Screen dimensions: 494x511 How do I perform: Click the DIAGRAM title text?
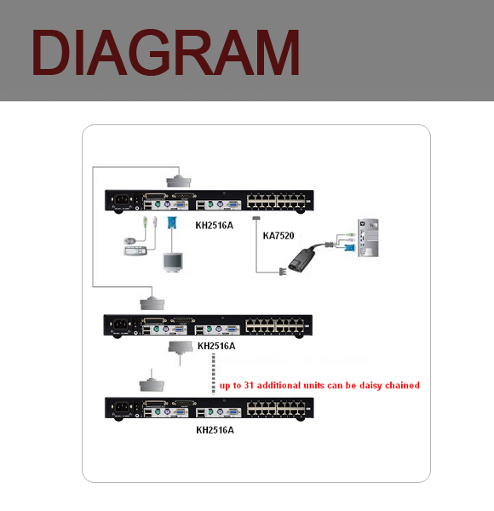[165, 53]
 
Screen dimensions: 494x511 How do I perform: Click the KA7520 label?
[279, 236]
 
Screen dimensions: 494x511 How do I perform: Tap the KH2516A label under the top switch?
[215, 226]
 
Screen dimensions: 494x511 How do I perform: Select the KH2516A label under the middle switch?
[216, 346]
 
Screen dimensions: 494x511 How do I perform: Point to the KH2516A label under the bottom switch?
[215, 430]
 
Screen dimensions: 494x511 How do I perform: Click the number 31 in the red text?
[249, 385]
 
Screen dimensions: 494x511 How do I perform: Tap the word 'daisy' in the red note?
[370, 386]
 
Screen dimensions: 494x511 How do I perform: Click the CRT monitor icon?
[173, 262]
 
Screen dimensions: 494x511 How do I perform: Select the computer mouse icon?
[130, 241]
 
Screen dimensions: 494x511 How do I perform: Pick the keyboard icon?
[135, 250]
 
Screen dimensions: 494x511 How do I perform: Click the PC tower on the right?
[368, 238]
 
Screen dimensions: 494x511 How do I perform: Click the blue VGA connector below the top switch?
[172, 223]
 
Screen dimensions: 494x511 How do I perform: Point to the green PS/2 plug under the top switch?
[146, 223]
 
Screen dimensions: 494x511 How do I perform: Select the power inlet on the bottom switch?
[122, 407]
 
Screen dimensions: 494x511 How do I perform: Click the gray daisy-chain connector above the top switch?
[179, 181]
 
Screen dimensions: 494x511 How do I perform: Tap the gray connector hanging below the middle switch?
[181, 347]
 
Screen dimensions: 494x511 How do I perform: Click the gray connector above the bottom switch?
[152, 385]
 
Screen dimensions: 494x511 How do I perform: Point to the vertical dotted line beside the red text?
[214, 374]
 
